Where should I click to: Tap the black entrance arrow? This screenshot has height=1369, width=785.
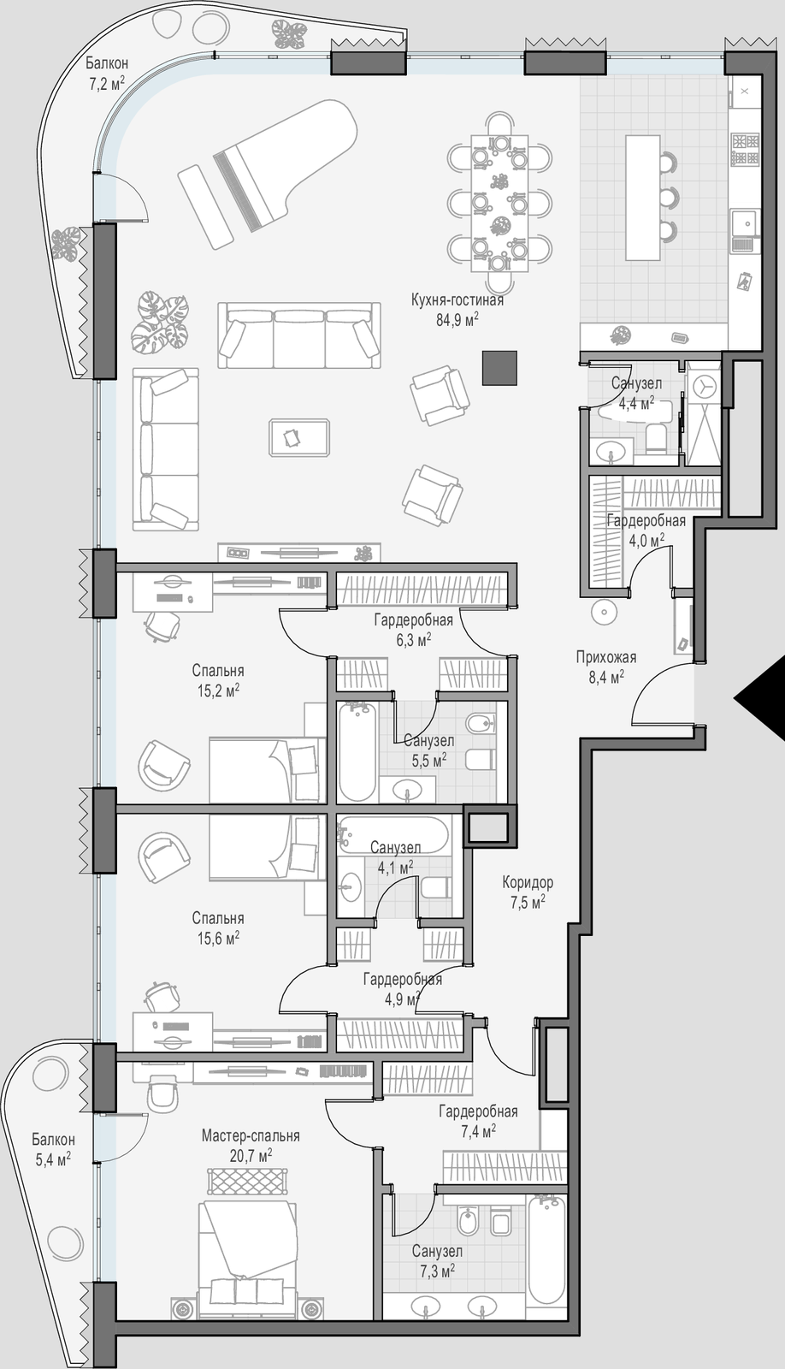coord(759,699)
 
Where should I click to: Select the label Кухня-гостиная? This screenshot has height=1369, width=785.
coord(457,300)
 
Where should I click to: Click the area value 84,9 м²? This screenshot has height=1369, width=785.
coord(457,320)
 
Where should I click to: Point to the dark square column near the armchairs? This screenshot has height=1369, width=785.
coord(499,368)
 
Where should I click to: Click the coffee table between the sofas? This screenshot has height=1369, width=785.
coord(299,437)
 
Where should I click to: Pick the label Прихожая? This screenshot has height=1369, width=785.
coord(606,657)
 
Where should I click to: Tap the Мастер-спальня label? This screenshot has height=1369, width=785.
coord(251,1135)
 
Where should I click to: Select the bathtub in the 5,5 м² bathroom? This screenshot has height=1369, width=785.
coord(357,751)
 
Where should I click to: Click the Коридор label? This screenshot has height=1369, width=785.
coord(528,882)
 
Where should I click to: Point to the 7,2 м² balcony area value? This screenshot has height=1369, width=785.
coord(107,83)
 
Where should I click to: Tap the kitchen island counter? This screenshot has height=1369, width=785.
coord(643,198)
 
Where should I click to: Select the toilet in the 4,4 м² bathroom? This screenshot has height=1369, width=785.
coord(656,439)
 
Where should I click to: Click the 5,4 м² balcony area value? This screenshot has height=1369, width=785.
coord(53,1159)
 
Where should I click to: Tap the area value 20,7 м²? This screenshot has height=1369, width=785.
coord(251,1155)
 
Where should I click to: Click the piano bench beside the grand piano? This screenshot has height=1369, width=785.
coord(205,206)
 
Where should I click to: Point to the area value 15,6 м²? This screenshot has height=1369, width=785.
coord(218,938)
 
